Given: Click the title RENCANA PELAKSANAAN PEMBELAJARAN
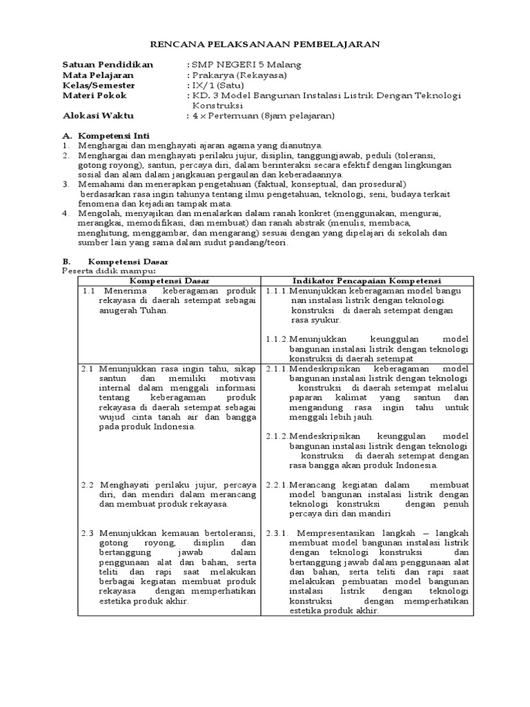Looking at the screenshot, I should click(x=265, y=43).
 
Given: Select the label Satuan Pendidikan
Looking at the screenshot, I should click(x=102, y=64).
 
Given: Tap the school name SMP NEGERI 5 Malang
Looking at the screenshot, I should click(x=246, y=64).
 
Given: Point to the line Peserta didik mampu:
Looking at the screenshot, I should click(x=100, y=271).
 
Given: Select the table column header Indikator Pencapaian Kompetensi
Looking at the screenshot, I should click(x=367, y=281).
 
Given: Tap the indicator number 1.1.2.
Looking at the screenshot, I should click(x=277, y=339).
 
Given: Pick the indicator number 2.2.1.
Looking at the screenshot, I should click(x=277, y=485).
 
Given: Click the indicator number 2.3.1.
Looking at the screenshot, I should click(x=279, y=533).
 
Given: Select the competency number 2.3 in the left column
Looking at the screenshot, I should click(x=87, y=533).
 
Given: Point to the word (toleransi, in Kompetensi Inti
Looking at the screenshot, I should click(x=422, y=155).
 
